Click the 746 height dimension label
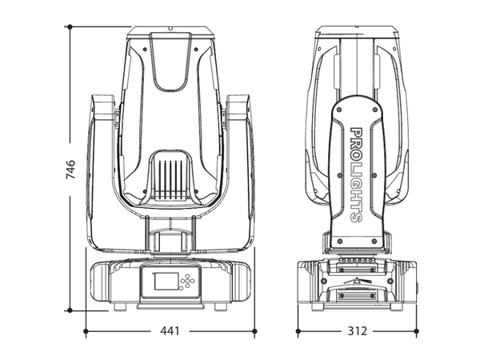click(x=70, y=169)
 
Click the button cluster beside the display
click(x=188, y=281)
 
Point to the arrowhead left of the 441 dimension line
click(x=90, y=329)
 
